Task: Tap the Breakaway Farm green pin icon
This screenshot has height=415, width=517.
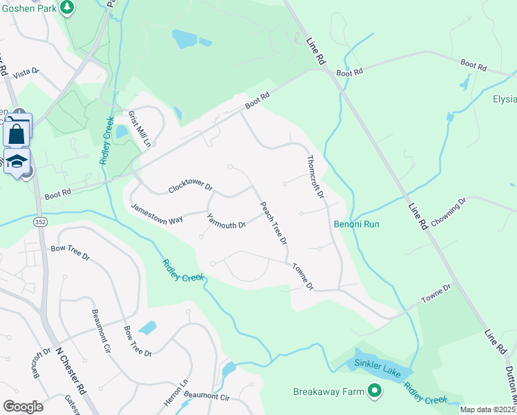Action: click(x=375, y=391)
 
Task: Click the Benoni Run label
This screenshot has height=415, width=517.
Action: click(x=357, y=224)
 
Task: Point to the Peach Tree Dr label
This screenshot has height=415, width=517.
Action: click(x=273, y=223)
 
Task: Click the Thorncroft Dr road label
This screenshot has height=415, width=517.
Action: click(x=315, y=176)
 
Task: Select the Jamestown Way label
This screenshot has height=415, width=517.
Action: click(x=157, y=212)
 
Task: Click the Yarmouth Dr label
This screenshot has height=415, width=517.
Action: click(x=226, y=221)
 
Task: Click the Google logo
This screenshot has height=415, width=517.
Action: click(x=23, y=407)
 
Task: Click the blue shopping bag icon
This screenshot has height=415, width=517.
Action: click(x=17, y=133)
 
